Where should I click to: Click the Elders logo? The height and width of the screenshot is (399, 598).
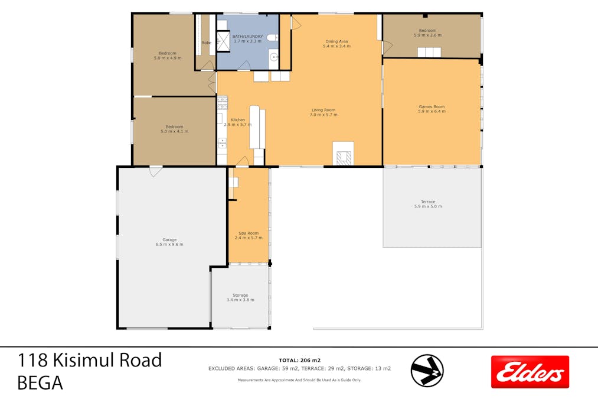(530, 372)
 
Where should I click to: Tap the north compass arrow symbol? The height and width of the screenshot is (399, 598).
(427, 370)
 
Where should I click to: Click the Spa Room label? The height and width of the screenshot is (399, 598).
(248, 233)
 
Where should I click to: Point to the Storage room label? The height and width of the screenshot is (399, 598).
(240, 295)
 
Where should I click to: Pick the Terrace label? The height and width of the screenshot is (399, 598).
(427, 202)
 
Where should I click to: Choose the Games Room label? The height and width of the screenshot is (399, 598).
(431, 107)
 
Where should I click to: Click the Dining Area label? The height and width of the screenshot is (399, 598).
(336, 41)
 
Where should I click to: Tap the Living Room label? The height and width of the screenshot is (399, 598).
(323, 110)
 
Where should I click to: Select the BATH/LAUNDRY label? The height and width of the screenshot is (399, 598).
(247, 36)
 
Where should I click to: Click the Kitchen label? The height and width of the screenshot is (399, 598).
(237, 120)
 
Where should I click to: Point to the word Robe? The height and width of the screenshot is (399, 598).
(207, 43)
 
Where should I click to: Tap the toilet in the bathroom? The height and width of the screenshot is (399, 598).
(272, 37)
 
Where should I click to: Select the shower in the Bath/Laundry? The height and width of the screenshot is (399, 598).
(224, 40)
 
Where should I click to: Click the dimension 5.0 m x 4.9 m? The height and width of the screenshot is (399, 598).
(167, 58)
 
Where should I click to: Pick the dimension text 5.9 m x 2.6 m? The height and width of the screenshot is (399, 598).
(427, 35)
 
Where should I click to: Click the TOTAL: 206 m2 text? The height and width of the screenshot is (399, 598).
(299, 360)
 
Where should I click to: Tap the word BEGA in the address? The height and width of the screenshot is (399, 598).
(40, 383)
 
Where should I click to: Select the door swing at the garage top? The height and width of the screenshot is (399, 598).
(155, 172)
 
